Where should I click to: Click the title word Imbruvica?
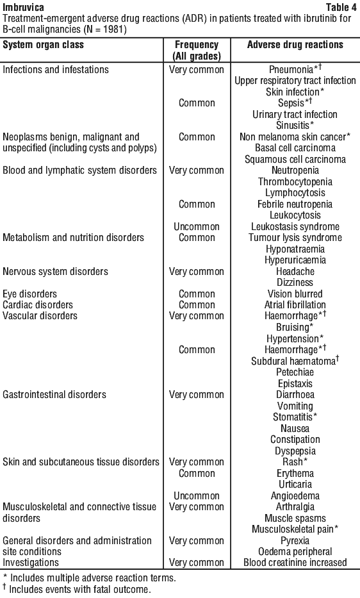pyautogui.click(x=23, y=7)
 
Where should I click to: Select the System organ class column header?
pyautogui.click(x=43, y=45)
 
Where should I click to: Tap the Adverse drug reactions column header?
pyautogui.click(x=295, y=45)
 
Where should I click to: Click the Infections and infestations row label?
pyautogui.click(x=56, y=69)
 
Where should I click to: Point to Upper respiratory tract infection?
pyautogui.click(x=295, y=81)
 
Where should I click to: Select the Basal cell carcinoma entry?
pyautogui.click(x=295, y=148)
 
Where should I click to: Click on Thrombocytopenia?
pyautogui.click(x=295, y=181)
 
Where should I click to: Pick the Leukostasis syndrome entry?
pyautogui.click(x=295, y=226)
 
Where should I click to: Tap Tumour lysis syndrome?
pyautogui.click(x=295, y=238)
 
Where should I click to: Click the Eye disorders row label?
pyautogui.click(x=29, y=294)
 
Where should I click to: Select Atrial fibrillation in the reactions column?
pyautogui.click(x=295, y=304)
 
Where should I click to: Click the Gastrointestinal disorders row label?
pyautogui.click(x=54, y=394)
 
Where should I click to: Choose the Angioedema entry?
pyautogui.click(x=295, y=496)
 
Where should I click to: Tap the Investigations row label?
pyautogui.click(x=31, y=563)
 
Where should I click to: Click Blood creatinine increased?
pyautogui.click(x=295, y=563)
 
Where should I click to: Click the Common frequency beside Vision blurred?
pyautogui.click(x=197, y=294)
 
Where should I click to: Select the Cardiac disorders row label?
pyautogui.click(x=38, y=304)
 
